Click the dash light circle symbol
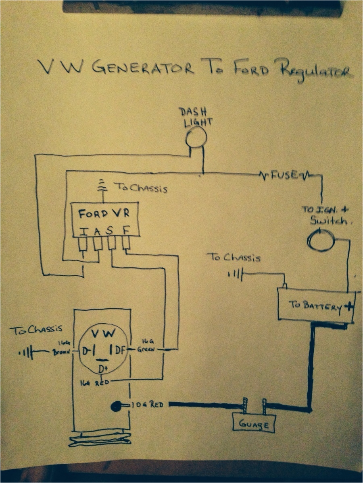[196, 138]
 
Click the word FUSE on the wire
[285, 175]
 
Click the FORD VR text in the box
[104, 214]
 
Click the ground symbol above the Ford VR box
[104, 186]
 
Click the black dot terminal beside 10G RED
[116, 407]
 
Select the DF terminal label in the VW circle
[119, 349]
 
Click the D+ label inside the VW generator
[103, 368]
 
